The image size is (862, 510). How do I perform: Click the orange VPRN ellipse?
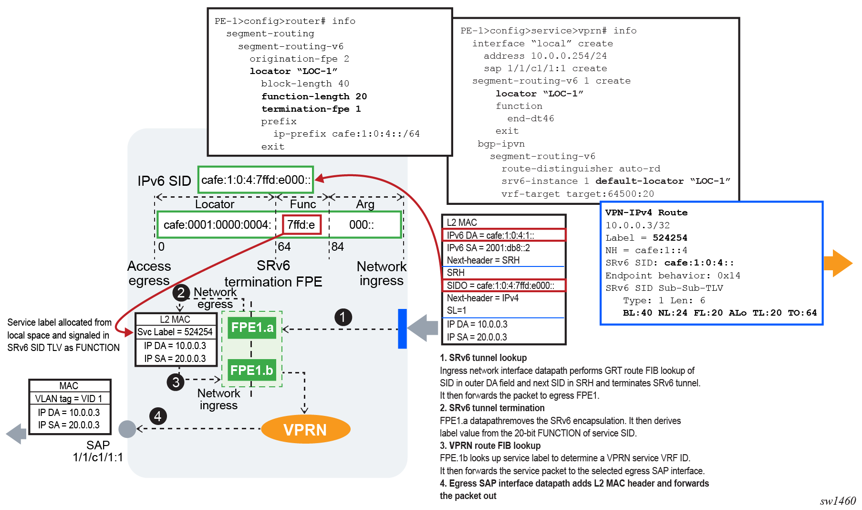tap(305, 429)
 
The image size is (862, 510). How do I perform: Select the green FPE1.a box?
tap(252, 328)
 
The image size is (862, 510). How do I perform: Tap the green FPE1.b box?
tap(252, 370)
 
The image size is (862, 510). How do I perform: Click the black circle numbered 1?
tap(343, 317)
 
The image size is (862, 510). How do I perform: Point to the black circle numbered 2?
tap(181, 292)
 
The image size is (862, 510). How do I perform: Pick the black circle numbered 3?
tap(176, 382)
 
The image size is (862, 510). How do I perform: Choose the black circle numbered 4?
tap(158, 416)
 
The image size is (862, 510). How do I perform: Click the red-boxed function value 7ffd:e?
tap(301, 224)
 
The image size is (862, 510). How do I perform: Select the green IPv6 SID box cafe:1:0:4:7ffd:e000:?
tap(256, 180)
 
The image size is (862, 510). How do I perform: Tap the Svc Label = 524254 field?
tap(175, 332)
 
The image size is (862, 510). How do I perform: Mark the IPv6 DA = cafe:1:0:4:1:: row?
tap(504, 235)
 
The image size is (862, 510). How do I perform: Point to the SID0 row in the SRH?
tap(504, 286)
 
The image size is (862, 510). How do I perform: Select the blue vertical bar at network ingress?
tap(403, 329)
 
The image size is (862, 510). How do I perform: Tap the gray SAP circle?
tap(127, 429)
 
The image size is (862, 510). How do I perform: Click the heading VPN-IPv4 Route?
tap(646, 212)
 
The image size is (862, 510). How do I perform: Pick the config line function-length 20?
tap(314, 96)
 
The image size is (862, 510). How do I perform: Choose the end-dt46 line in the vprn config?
tap(530, 118)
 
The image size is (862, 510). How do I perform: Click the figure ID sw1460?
tap(838, 501)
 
